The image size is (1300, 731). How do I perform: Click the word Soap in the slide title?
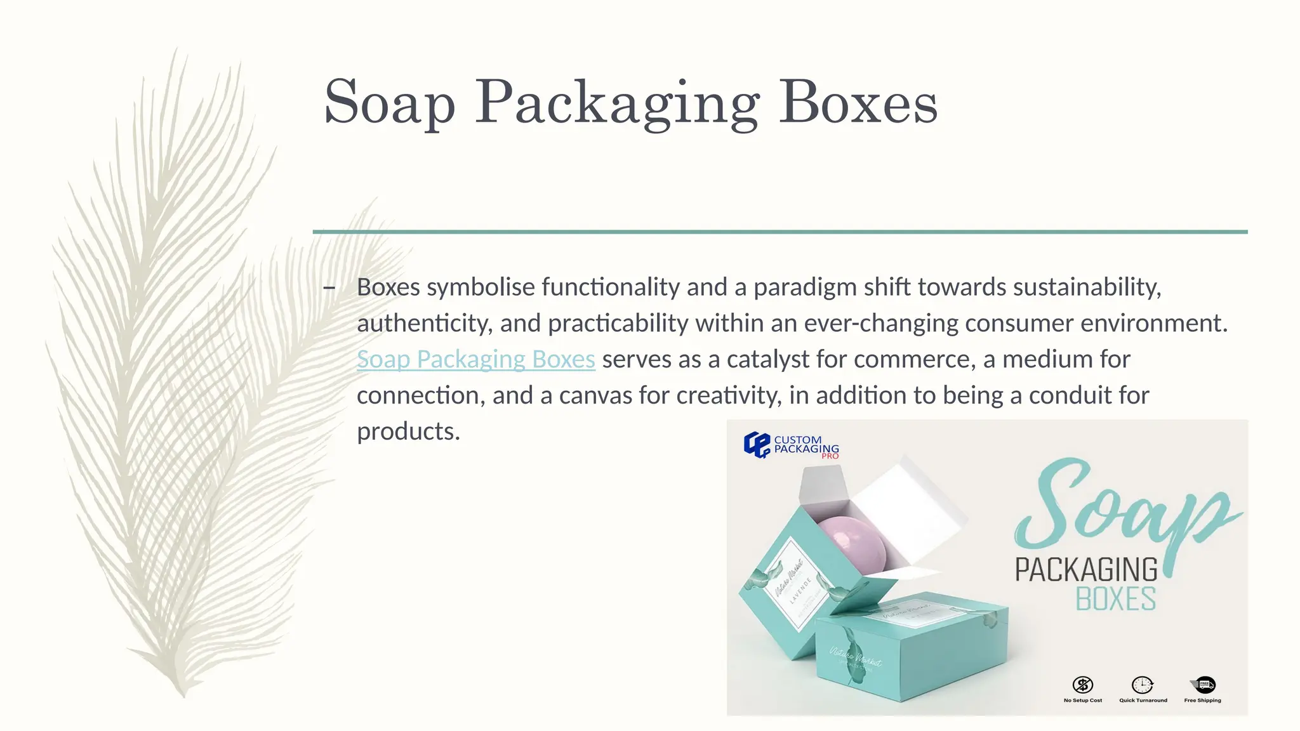pyautogui.click(x=389, y=103)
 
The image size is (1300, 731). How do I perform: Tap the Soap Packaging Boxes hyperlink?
pyautogui.click(x=475, y=359)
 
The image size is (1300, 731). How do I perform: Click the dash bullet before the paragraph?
pyautogui.click(x=329, y=288)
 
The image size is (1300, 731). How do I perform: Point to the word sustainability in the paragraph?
pyautogui.click(x=1087, y=287)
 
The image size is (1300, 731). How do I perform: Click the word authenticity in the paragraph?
pyautogui.click(x=424, y=324)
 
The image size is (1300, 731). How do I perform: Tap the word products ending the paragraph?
pyautogui.click(x=408, y=431)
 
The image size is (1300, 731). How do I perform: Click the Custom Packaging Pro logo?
pyautogui.click(x=791, y=445)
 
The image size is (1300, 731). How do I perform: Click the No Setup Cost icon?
pyautogui.click(x=1082, y=685)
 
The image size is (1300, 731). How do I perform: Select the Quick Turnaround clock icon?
pyautogui.click(x=1142, y=685)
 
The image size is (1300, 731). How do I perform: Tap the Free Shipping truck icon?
pyautogui.click(x=1203, y=685)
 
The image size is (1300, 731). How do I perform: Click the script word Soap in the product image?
pyautogui.click(x=1117, y=508)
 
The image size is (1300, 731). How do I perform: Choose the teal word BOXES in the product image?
pyautogui.click(x=1115, y=600)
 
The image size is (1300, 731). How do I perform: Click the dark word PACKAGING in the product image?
pyautogui.click(x=1086, y=570)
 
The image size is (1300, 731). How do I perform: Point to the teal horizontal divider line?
pyautogui.click(x=779, y=232)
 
